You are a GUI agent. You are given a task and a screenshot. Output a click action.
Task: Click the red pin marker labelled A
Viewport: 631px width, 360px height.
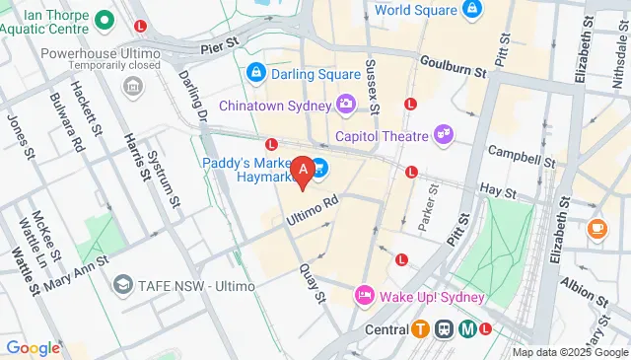click(305, 171)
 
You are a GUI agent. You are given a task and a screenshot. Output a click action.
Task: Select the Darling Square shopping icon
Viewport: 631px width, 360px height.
click(255, 72)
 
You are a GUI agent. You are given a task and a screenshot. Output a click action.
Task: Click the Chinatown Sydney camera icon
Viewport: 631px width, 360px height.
click(345, 103)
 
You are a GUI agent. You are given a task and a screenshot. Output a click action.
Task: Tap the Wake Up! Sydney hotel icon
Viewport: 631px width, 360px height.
click(364, 296)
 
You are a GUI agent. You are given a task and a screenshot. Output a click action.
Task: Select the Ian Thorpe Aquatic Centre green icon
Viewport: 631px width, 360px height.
click(104, 18)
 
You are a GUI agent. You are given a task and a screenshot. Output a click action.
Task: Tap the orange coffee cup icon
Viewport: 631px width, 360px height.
click(596, 228)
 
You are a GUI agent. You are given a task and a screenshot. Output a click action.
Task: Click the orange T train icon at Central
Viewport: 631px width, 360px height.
click(421, 329)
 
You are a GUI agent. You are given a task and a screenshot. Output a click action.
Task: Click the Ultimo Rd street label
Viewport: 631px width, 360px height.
click(313, 204)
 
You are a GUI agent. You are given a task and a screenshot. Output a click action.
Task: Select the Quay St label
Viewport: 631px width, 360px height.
click(313, 286)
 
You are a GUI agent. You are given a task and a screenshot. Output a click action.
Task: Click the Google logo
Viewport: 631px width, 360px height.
click(33, 347)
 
